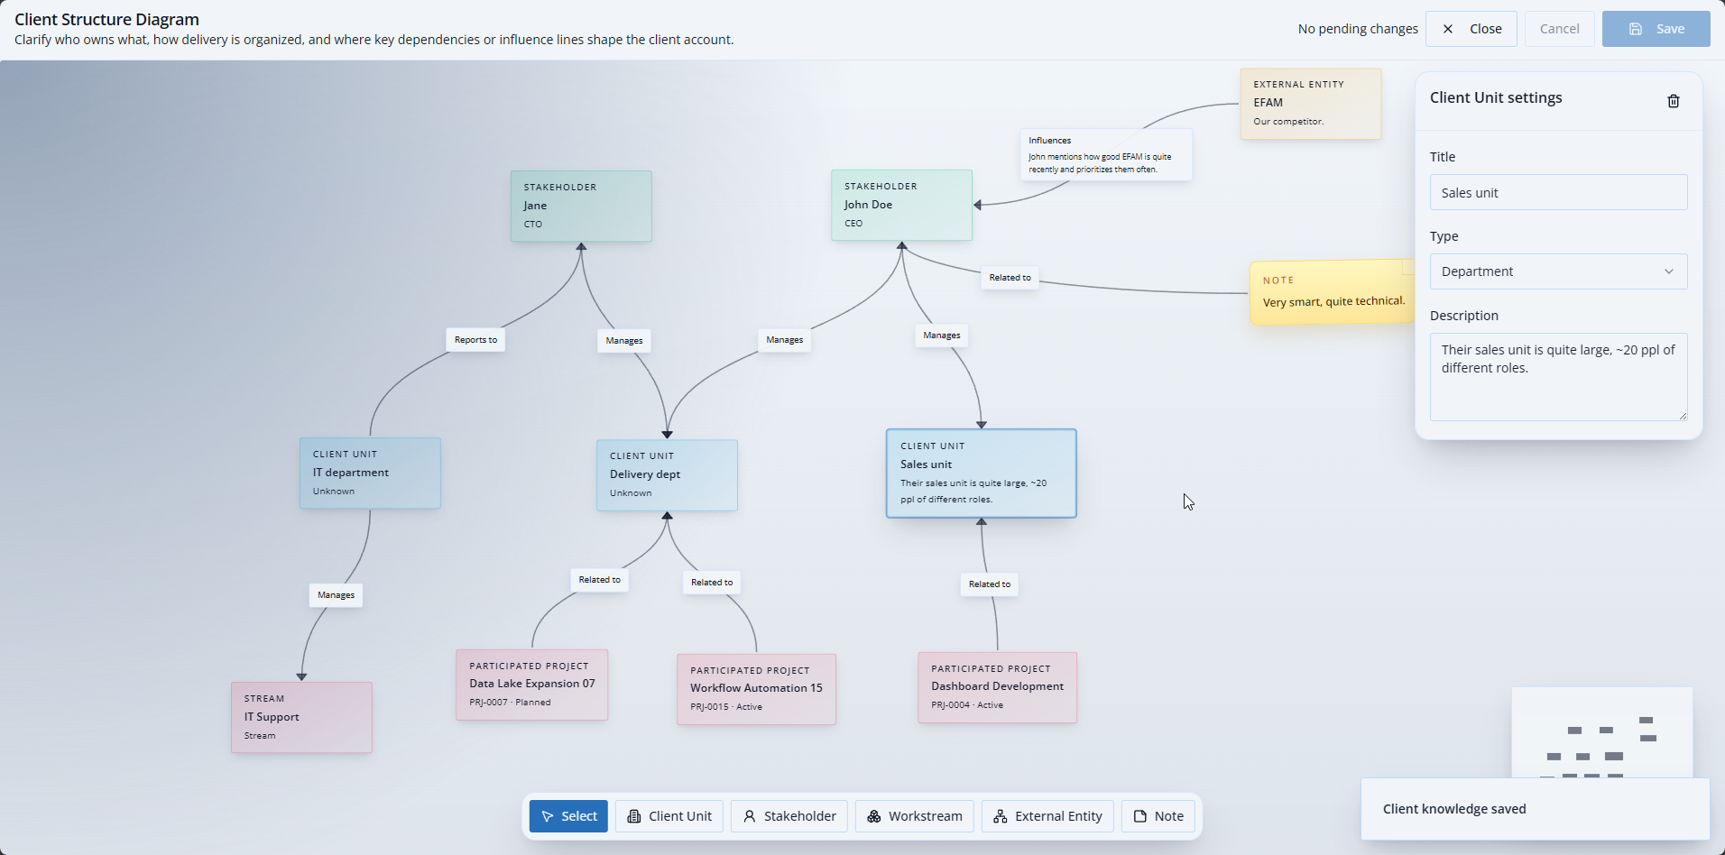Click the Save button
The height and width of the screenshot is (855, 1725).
[x=1656, y=29]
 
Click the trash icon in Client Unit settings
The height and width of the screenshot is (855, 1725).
[x=1673, y=101]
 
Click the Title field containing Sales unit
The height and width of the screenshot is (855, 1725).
[x=1558, y=193]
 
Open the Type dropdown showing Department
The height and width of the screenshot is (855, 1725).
[x=1558, y=271]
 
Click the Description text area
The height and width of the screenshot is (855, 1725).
[x=1558, y=376]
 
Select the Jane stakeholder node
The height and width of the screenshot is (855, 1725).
[x=581, y=207]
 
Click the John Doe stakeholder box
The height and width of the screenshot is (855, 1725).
[x=901, y=206]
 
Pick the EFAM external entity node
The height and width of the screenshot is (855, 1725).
[x=1310, y=104]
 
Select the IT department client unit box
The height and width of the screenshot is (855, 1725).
[x=370, y=473]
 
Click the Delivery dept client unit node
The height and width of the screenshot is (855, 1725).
[x=667, y=475]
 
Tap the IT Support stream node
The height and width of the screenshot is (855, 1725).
[x=301, y=718]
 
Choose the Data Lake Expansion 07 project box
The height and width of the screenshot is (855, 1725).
[x=531, y=685]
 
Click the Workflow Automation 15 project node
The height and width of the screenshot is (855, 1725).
[x=756, y=690]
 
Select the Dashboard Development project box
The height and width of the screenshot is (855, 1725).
[x=997, y=688]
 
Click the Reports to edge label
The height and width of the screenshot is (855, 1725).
[x=475, y=340]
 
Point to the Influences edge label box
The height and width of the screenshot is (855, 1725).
[x=1105, y=155]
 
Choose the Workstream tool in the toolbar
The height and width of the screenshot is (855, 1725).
[x=915, y=816]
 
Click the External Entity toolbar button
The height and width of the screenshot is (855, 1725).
[x=1047, y=816]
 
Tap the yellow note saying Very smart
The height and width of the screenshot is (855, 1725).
[x=1332, y=293]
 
